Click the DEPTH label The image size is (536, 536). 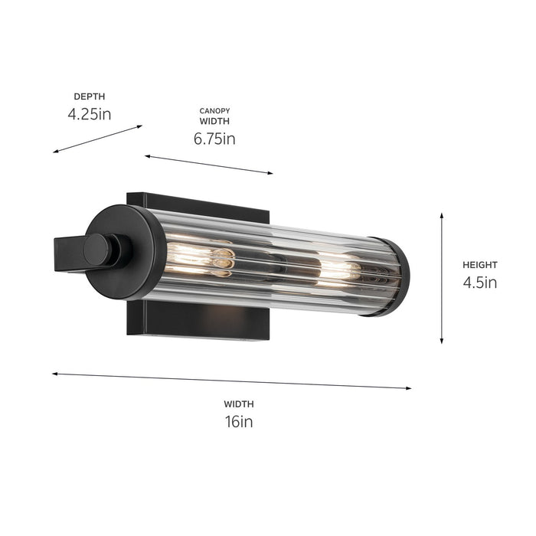(x=89, y=96)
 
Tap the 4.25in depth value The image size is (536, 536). (x=89, y=114)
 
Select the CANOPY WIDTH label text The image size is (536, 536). (x=214, y=116)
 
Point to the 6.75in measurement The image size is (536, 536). (x=214, y=139)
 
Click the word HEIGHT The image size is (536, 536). (x=479, y=265)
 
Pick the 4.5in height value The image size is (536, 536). (x=479, y=283)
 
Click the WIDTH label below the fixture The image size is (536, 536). (x=239, y=404)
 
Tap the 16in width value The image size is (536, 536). (x=239, y=421)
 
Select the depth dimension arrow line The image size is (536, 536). (x=98, y=139)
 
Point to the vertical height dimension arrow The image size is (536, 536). (x=442, y=278)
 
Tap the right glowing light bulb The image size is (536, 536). (x=341, y=270)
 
